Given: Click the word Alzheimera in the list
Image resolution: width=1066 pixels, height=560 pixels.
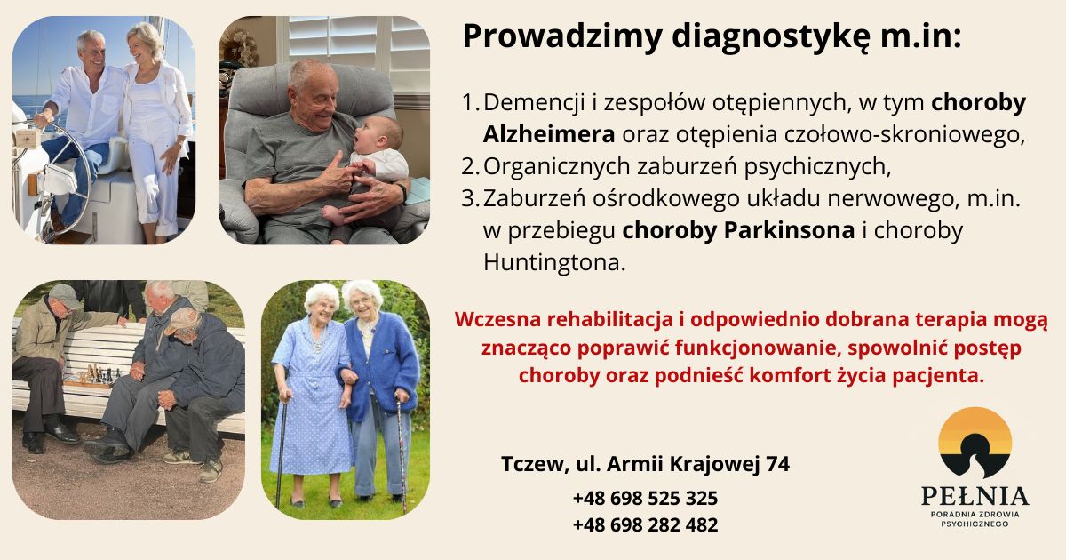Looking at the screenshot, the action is (x=549, y=134).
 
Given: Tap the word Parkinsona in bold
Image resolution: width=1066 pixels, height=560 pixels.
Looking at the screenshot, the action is (x=789, y=230).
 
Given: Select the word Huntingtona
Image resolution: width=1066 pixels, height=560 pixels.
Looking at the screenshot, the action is (x=554, y=262).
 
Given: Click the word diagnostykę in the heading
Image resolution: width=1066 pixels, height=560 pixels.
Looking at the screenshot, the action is (x=771, y=37).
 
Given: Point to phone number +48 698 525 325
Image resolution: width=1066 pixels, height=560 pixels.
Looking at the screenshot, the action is (x=645, y=498).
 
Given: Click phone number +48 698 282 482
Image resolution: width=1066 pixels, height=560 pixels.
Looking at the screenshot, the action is (x=645, y=524).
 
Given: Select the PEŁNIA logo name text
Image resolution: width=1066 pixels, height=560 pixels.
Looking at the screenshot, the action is (x=975, y=496).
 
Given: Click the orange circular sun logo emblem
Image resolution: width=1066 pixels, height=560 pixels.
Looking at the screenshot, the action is (x=975, y=443).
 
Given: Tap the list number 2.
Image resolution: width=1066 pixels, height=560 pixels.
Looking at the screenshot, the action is (x=470, y=167).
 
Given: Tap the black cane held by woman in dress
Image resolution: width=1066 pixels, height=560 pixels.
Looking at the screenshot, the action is (x=282, y=452).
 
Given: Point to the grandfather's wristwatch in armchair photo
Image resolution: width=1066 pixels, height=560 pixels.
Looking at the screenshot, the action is (x=403, y=193).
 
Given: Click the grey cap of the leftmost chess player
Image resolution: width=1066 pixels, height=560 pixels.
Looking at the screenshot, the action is (x=65, y=295).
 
